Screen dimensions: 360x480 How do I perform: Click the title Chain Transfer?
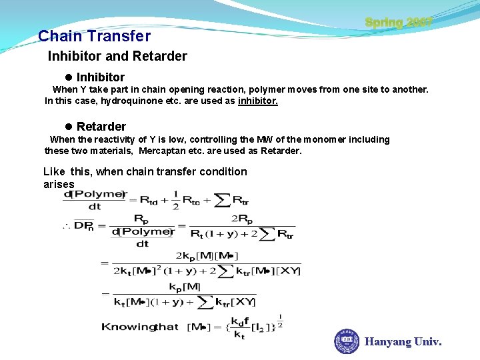(95, 36)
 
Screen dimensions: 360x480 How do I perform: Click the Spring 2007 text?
(399, 22)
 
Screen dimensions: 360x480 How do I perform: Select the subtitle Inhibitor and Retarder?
(117, 57)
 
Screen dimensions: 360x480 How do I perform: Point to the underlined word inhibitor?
(257, 101)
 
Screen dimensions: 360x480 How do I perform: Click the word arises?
(59, 184)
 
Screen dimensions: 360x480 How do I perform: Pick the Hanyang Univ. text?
(403, 342)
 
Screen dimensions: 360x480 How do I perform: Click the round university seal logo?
(347, 341)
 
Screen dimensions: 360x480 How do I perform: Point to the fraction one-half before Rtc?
(176, 199)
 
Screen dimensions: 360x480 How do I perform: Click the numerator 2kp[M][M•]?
(207, 256)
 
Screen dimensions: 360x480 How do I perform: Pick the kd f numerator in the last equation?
(239, 320)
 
